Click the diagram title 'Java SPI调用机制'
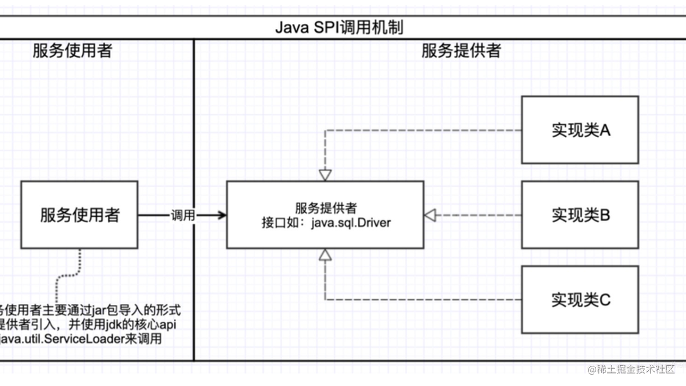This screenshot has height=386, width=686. click(339, 27)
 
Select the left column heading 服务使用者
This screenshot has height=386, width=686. click(72, 51)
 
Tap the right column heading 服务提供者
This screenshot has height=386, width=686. click(461, 51)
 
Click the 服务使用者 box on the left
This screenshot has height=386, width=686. click(79, 215)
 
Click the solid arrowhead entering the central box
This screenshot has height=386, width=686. click(222, 216)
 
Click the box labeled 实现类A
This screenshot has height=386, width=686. click(580, 130)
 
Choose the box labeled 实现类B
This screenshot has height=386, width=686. click(580, 215)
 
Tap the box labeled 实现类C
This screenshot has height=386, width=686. click(580, 299)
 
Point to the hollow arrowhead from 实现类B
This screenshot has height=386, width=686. click(431, 215)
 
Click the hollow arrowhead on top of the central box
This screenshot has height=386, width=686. click(325, 175)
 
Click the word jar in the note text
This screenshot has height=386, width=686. click(99, 311)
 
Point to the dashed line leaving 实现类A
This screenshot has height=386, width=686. click(425, 130)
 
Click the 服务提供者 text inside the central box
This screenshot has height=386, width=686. click(326, 208)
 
